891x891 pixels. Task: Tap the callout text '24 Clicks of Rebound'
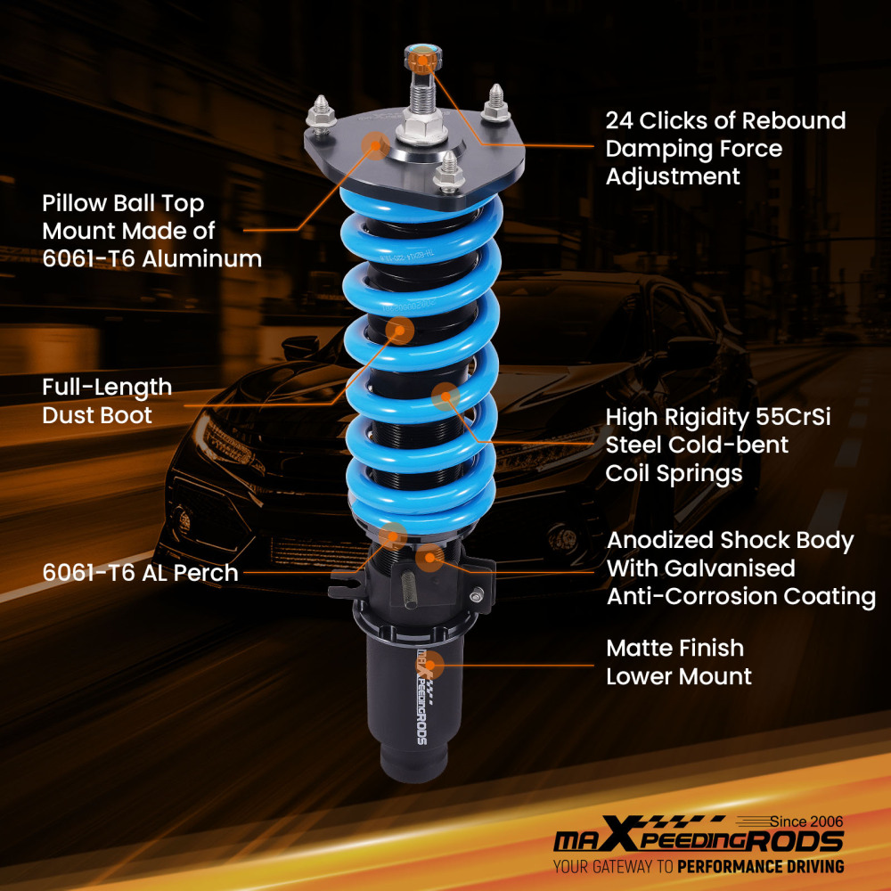click(725, 120)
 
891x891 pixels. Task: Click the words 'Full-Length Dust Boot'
click(107, 401)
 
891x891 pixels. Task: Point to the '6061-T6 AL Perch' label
click(140, 572)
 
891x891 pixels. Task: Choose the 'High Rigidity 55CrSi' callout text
click(717, 417)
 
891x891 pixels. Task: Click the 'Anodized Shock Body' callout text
click(730, 541)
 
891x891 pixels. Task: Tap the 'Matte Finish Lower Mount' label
click(678, 662)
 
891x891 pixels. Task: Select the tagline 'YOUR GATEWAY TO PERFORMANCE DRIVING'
click(698, 866)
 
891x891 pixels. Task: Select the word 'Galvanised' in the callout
click(700, 568)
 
